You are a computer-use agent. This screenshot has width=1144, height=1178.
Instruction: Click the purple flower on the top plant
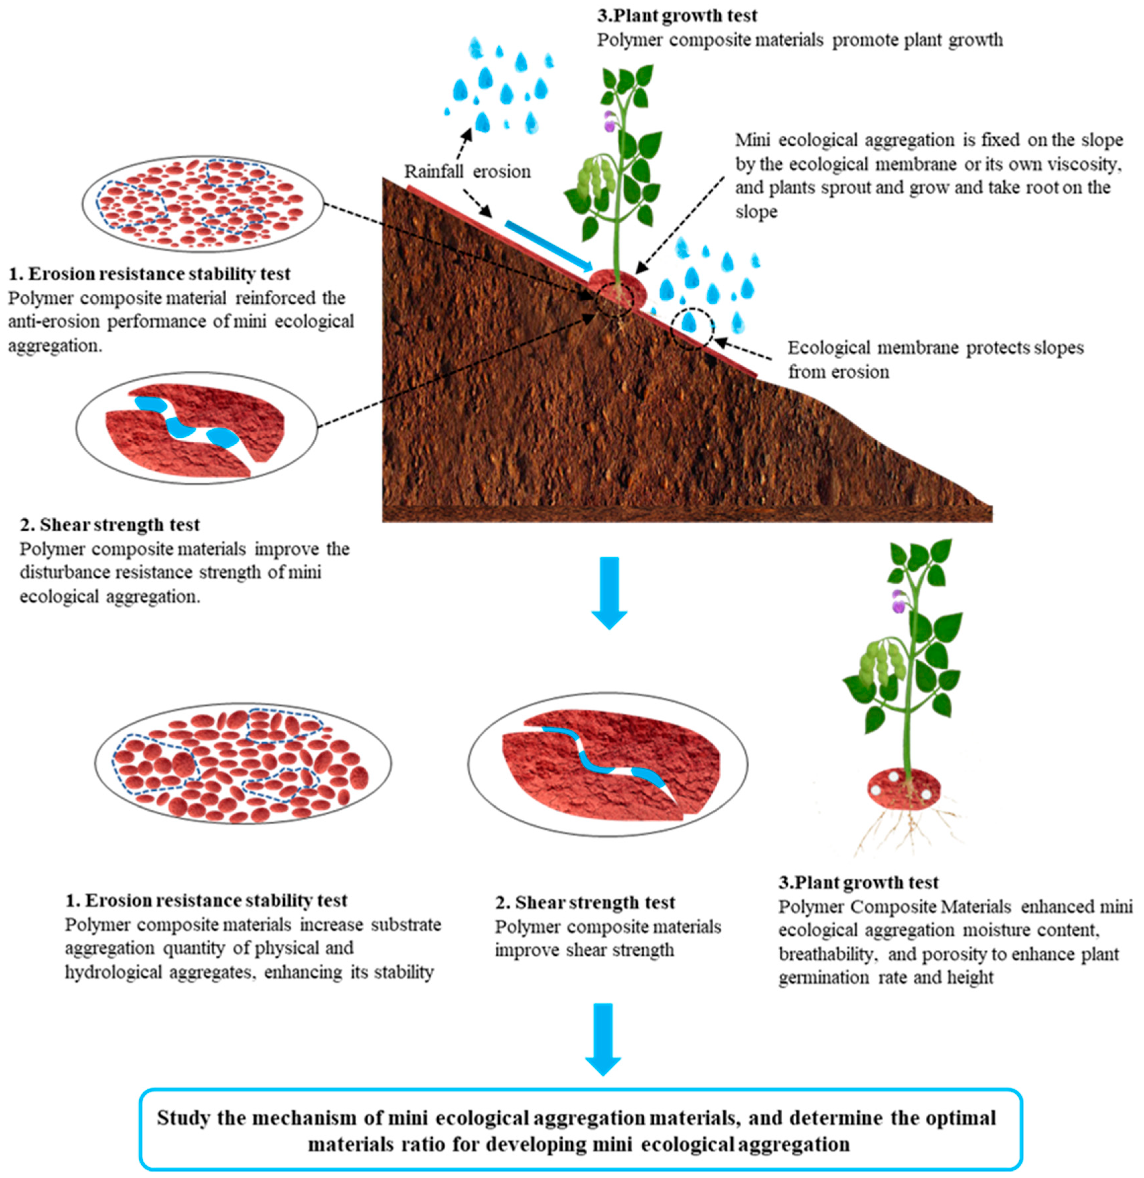click(x=610, y=122)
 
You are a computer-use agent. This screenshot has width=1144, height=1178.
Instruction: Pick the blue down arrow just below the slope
click(x=609, y=592)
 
